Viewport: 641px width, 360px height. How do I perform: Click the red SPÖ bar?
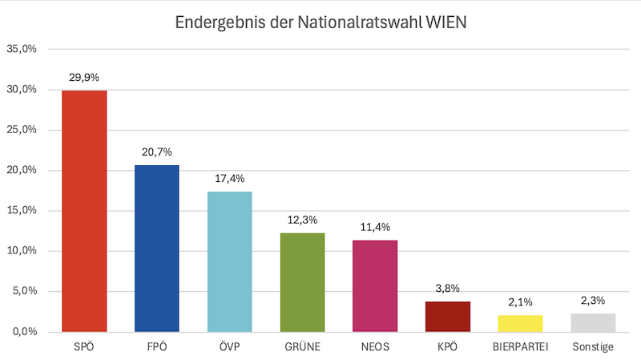tap(84, 211)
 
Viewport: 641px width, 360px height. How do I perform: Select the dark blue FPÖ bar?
tap(157, 248)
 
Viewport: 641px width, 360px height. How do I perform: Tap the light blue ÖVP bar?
tap(230, 261)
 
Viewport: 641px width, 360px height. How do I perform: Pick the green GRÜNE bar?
tap(302, 282)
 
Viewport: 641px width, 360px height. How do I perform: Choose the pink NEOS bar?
tap(375, 285)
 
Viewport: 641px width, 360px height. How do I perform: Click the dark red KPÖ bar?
tap(448, 317)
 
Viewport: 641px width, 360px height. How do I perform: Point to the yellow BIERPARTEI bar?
tap(520, 323)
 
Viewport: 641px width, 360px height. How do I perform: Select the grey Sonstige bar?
tap(593, 322)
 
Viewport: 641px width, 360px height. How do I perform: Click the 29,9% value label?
tap(84, 78)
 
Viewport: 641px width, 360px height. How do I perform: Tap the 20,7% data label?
tap(157, 152)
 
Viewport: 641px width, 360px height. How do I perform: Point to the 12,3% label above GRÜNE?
tap(302, 219)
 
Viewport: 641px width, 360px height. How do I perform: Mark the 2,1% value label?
tap(520, 301)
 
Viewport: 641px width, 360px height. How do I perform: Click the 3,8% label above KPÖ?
tap(448, 288)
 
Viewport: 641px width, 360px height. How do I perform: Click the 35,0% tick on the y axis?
tap(22, 49)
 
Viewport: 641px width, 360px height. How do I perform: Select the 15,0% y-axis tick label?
tap(22, 211)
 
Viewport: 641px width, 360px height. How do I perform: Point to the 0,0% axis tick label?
tap(24, 332)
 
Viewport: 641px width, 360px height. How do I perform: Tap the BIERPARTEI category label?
tap(520, 347)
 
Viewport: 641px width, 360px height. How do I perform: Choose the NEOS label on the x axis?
tap(375, 347)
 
